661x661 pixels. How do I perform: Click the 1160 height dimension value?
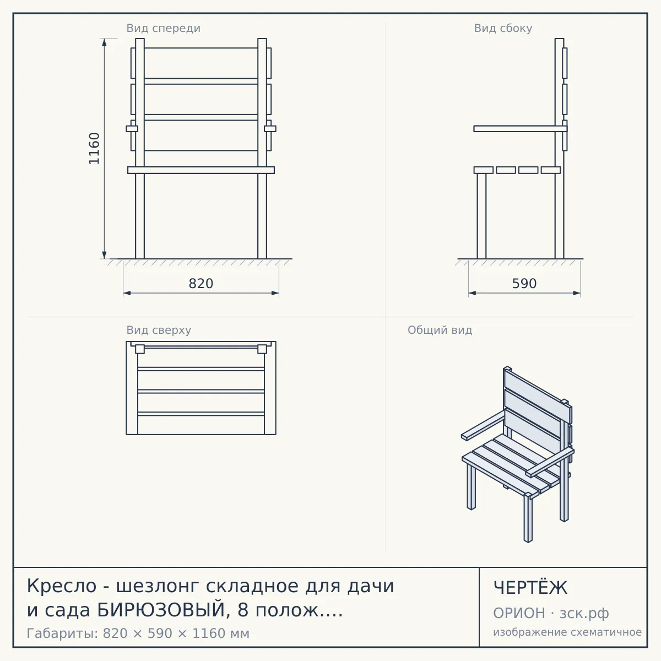pyautogui.click(x=94, y=148)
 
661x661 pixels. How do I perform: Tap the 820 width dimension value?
pyautogui.click(x=201, y=284)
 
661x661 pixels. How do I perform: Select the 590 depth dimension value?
pyautogui.click(x=524, y=284)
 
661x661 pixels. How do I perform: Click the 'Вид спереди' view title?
pyautogui.click(x=163, y=28)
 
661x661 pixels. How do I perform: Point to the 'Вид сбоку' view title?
pyautogui.click(x=503, y=28)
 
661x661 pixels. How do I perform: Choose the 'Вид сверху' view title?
pyautogui.click(x=159, y=330)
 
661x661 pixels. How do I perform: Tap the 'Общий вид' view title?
pyautogui.click(x=440, y=330)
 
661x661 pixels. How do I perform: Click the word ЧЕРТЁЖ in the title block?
pyautogui.click(x=530, y=588)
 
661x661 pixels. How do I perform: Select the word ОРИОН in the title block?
pyautogui.click(x=519, y=613)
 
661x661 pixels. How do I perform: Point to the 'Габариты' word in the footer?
pyautogui.click(x=62, y=633)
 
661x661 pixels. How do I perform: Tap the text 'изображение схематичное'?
pyautogui.click(x=567, y=632)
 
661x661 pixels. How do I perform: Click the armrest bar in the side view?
pyautogui.click(x=521, y=129)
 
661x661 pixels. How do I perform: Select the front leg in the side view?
pyautogui.click(x=481, y=216)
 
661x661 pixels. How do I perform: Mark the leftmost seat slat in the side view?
pyautogui.click(x=484, y=170)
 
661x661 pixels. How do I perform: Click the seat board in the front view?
pyautogui.click(x=201, y=170)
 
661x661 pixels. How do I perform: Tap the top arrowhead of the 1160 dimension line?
pyautogui.click(x=104, y=42)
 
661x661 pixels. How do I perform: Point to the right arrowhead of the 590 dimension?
pyautogui.click(x=577, y=293)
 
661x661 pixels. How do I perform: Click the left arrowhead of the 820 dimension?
pyautogui.click(x=127, y=293)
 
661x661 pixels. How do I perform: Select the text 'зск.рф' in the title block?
pyautogui.click(x=584, y=614)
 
